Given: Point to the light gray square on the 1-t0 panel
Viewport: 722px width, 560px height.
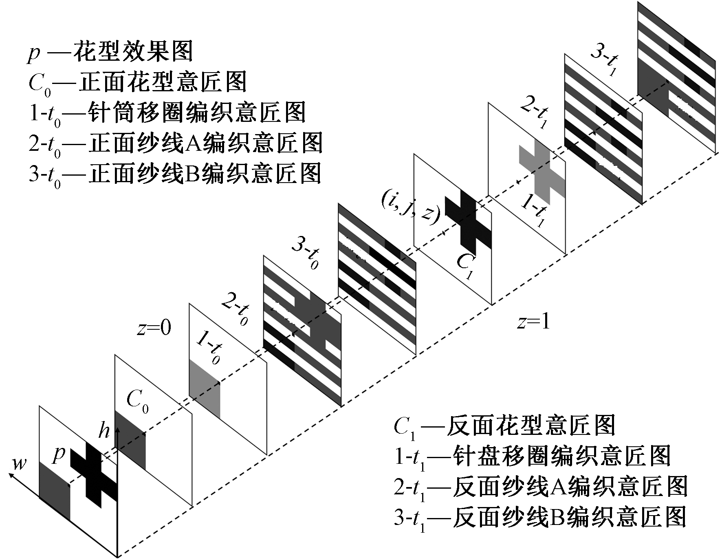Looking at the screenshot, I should [205, 389].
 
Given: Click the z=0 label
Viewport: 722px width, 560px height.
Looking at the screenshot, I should [154, 328].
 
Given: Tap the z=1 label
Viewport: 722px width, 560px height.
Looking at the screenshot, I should [533, 322].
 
